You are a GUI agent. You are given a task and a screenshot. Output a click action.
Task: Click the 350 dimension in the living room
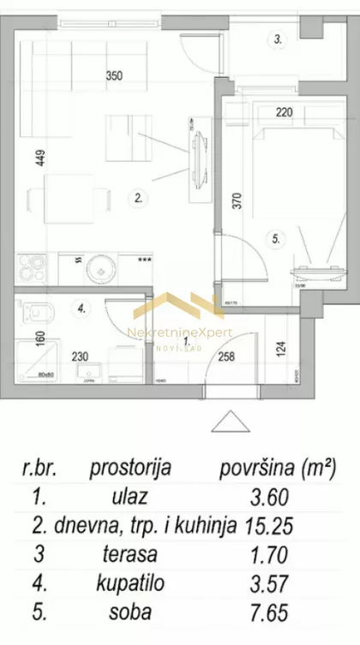coord(114,75)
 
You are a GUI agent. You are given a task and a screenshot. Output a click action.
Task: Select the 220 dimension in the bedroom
coord(285,110)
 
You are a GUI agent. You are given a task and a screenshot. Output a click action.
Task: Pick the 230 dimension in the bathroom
coord(80,357)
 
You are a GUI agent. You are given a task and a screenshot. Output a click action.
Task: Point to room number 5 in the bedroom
coord(276,241)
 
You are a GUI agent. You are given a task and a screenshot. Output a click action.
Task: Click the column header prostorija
coord(129,468)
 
